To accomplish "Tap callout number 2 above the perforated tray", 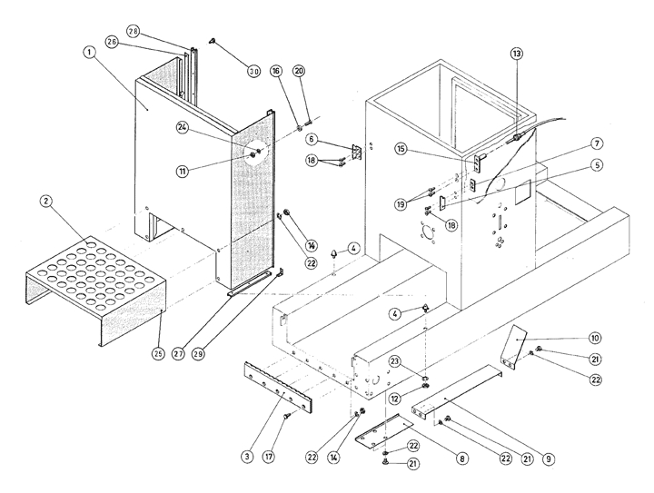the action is pyautogui.click(x=45, y=202).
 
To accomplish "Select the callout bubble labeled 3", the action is pyautogui.click(x=247, y=457).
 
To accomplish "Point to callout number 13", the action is pyautogui.click(x=516, y=54).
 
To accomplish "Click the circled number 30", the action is pyautogui.click(x=253, y=71).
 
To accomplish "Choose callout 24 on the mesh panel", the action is pyautogui.click(x=182, y=127).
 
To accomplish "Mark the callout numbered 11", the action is pyautogui.click(x=182, y=171).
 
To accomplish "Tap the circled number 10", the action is pyautogui.click(x=595, y=338).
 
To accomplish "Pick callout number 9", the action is pyautogui.click(x=548, y=458).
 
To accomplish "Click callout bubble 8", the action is pyautogui.click(x=461, y=458).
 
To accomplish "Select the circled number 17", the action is pyautogui.click(x=269, y=457).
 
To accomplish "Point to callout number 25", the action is pyautogui.click(x=158, y=354).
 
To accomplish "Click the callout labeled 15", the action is pyautogui.click(x=401, y=149).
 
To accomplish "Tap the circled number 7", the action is pyautogui.click(x=597, y=143).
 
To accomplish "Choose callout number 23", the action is pyautogui.click(x=394, y=361).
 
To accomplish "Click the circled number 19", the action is pyautogui.click(x=401, y=204).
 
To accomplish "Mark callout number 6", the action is pyautogui.click(x=312, y=139).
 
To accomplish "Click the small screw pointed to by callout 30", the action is pyautogui.click(x=213, y=41).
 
